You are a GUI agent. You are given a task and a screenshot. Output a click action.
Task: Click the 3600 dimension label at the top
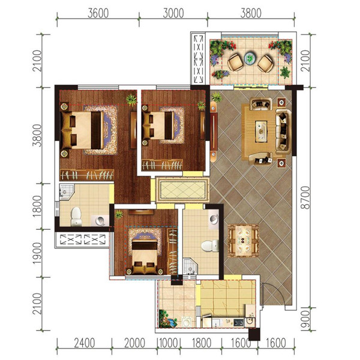(98, 13)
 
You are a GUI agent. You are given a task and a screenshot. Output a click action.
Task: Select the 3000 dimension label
(173, 13)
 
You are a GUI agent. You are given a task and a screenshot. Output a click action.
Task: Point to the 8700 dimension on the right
(305, 197)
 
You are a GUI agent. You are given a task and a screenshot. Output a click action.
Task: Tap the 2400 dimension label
(85, 343)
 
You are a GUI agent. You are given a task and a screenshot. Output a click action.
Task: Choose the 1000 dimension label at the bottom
(169, 343)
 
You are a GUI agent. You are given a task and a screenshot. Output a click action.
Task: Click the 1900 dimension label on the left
(37, 253)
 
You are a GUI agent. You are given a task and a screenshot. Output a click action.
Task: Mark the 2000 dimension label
(134, 343)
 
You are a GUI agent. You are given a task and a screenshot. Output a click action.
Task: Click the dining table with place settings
(244, 241)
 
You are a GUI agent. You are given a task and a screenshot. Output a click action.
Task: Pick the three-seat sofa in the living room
(283, 132)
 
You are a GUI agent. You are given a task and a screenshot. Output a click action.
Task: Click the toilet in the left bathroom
(76, 217)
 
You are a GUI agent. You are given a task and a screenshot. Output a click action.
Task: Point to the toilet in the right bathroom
(210, 246)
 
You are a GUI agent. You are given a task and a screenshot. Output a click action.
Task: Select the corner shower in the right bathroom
(190, 266)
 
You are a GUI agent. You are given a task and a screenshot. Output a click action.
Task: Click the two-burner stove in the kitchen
(239, 323)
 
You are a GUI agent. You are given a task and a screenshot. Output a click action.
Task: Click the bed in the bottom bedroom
(145, 256)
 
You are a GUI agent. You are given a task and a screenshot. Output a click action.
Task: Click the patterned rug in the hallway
(183, 190)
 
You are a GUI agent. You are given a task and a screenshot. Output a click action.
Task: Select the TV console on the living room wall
(214, 131)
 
